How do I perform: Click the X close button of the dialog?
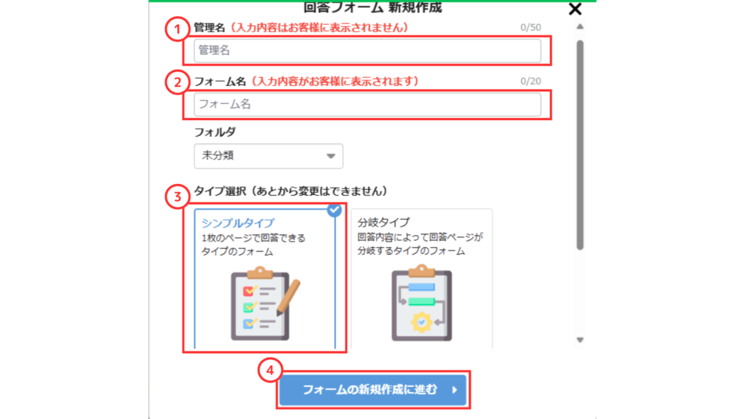(575, 9)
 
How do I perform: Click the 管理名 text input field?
(367, 50)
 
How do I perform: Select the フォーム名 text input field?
(367, 105)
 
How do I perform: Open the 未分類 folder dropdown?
(268, 156)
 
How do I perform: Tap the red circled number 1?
(178, 29)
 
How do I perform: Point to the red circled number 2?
(178, 82)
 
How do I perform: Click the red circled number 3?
(178, 196)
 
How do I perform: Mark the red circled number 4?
(270, 370)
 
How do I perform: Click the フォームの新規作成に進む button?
(373, 390)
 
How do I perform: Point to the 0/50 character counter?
(530, 28)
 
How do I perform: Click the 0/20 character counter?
(530, 81)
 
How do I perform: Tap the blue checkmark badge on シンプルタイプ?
(335, 209)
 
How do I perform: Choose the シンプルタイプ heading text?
(238, 223)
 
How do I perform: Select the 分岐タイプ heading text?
(383, 223)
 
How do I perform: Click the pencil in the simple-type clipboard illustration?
(288, 298)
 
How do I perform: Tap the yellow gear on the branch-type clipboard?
(421, 322)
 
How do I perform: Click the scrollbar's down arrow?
(580, 340)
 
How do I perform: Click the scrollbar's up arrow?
(580, 27)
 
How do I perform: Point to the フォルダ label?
(215, 132)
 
